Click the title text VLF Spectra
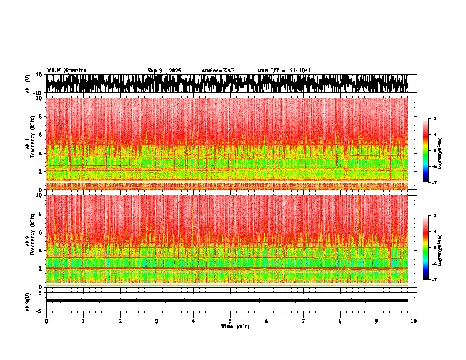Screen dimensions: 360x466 (66, 71)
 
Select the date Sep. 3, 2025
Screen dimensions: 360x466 (164, 71)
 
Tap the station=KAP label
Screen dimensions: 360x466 (218, 71)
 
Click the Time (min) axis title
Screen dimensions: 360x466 (235, 326)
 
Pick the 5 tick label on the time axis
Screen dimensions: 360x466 (230, 321)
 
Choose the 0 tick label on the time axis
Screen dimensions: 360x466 (46, 321)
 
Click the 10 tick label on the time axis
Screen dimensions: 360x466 (414, 321)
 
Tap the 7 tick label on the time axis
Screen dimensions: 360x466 (304, 321)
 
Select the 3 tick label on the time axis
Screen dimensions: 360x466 (157, 321)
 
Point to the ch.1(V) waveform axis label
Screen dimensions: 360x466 (28, 84)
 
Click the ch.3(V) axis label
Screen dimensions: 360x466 (28, 301)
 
